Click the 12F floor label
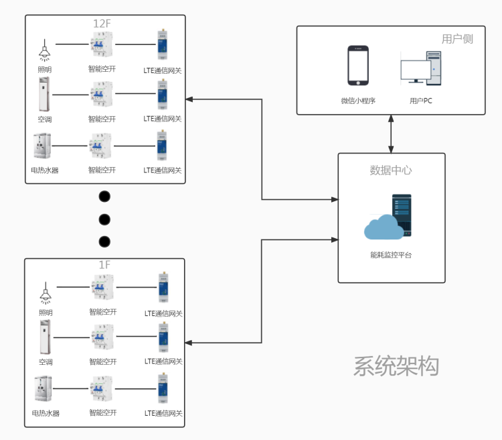coord(102,23)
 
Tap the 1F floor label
coord(104,265)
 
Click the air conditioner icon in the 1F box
coord(45,337)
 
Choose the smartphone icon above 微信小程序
coord(358,65)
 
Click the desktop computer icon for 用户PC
coord(420,68)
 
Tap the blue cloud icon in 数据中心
coord(384,228)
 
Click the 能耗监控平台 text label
coord(391,256)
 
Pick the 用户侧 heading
coord(457,39)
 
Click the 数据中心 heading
coord(391,170)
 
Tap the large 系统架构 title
coord(396,366)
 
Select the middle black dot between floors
coord(104,219)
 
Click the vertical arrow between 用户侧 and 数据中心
coord(392,133)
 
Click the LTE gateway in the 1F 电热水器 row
coord(163,390)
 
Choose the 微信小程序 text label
coord(358,101)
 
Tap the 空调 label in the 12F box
coord(45,119)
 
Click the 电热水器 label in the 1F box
coord(46,413)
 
